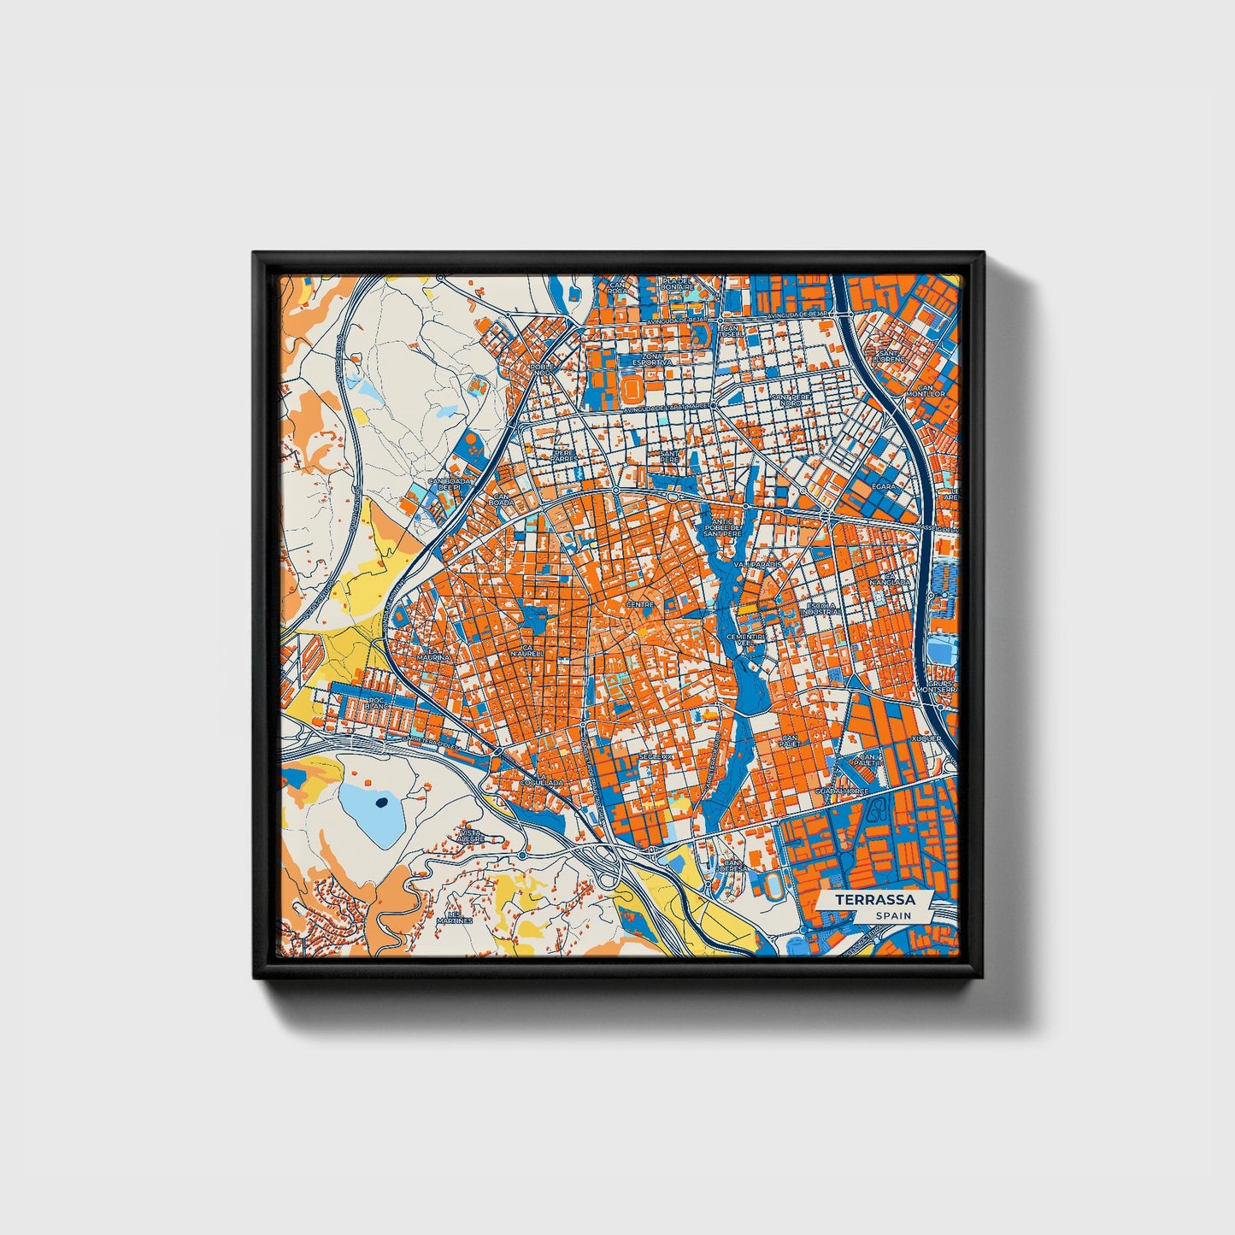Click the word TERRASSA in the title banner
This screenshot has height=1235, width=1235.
874,900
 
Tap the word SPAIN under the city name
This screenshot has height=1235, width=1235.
892,915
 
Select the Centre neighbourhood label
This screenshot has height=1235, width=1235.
639,604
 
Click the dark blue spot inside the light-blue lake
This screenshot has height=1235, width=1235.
380,802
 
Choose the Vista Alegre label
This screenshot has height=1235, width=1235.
472,835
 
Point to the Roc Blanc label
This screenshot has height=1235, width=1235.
373,704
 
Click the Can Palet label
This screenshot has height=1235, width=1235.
788,740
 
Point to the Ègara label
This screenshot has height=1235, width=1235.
883,486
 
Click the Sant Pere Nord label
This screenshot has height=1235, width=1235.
786,400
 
